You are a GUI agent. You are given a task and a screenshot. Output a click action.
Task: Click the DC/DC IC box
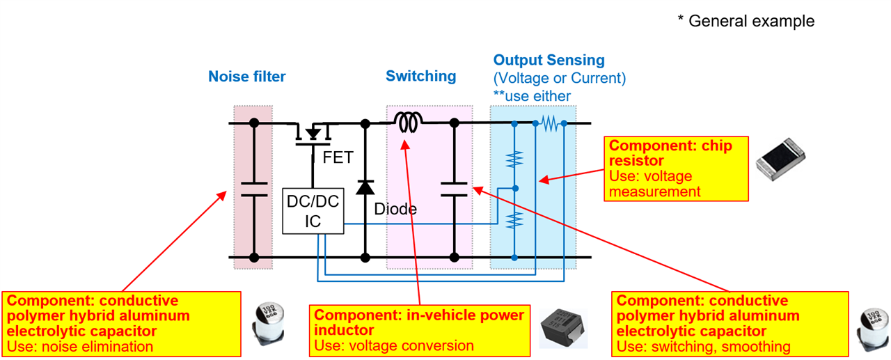[313, 211]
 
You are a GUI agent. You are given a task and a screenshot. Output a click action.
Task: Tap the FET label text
[338, 158]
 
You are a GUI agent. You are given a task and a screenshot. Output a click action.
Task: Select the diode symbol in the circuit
[365, 187]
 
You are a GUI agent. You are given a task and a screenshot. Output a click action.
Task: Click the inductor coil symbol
[408, 123]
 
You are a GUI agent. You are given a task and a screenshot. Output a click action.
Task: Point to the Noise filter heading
[247, 77]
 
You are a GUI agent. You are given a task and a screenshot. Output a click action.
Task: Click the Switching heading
[421, 76]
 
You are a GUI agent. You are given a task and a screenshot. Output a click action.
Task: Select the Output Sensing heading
[549, 60]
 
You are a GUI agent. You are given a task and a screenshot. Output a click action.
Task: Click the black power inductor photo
[562, 328]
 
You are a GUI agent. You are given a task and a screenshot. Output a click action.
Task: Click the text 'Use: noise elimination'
[79, 346]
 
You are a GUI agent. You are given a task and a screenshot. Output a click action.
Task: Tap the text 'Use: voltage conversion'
[394, 345]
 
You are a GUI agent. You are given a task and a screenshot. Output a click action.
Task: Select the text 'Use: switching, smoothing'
[704, 346]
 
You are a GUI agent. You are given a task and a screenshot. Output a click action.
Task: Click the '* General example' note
[746, 22]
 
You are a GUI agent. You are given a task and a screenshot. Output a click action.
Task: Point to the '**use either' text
[532, 96]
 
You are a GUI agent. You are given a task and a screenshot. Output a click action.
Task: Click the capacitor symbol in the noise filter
[254, 189]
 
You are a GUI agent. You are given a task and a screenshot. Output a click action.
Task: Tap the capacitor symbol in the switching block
[454, 189]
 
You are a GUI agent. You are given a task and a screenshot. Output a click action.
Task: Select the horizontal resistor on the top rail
[550, 123]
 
